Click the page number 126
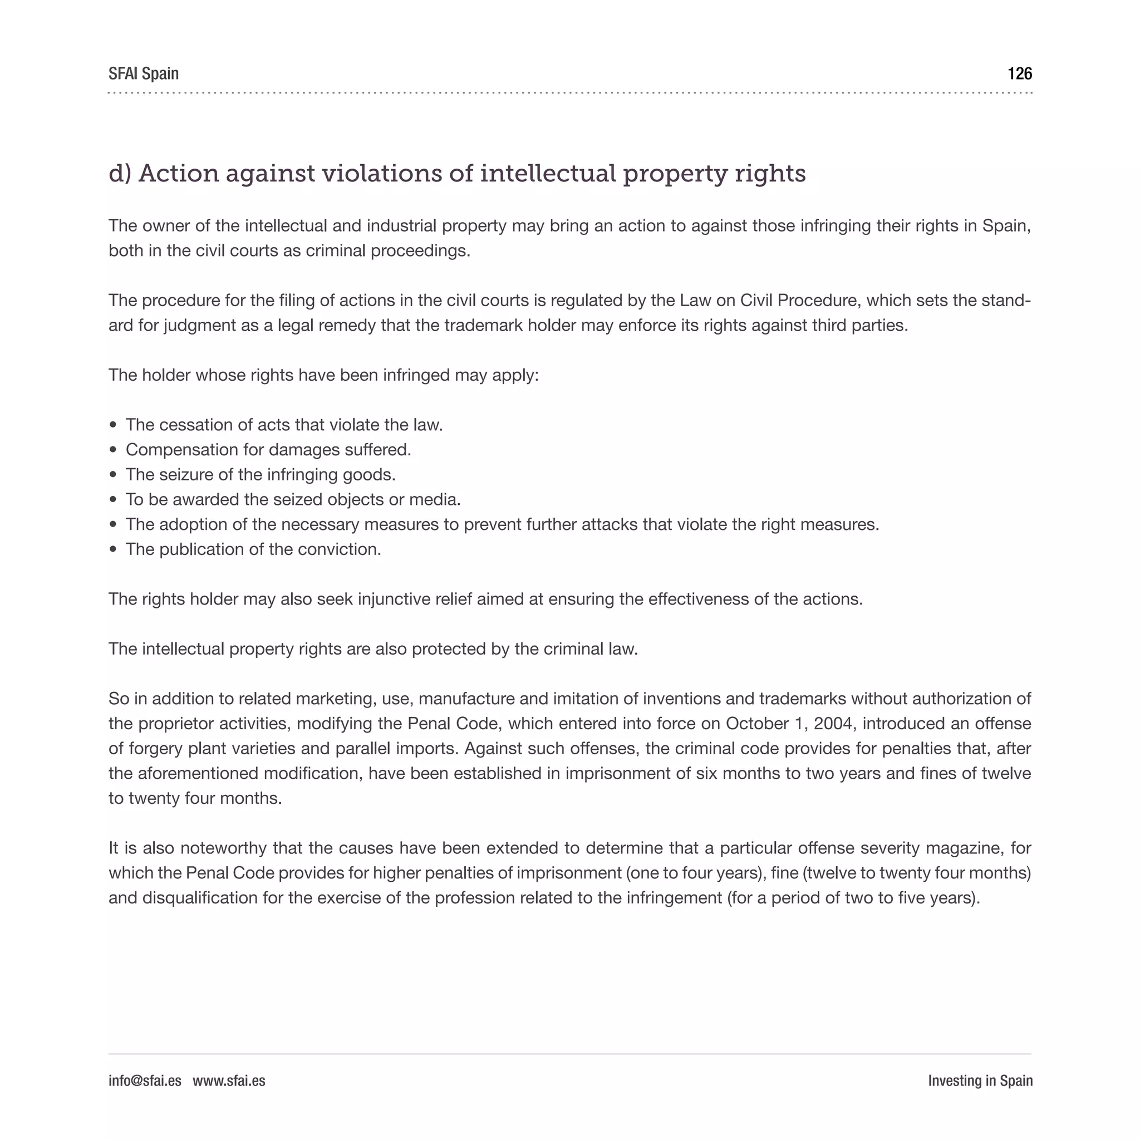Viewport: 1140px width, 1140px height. pyautogui.click(x=1019, y=74)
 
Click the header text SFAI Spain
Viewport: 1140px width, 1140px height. pyautogui.click(x=144, y=74)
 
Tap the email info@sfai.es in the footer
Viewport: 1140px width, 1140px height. pyautogui.click(x=145, y=1080)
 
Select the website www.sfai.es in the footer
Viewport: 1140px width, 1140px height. pyautogui.click(x=229, y=1080)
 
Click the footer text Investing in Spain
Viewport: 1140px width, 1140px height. pyautogui.click(x=980, y=1080)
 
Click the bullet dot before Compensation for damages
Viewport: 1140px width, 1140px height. pyautogui.click(x=114, y=450)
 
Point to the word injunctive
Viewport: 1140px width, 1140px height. pyautogui.click(x=394, y=600)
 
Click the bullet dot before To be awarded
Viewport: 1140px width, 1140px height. pyautogui.click(x=114, y=500)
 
